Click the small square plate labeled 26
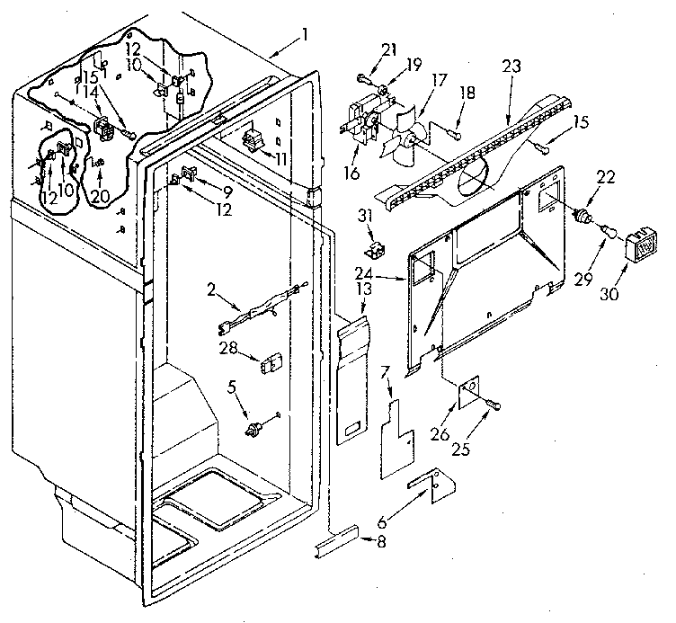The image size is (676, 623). click(x=468, y=394)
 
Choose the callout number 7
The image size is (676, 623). click(x=384, y=371)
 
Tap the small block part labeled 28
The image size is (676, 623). click(x=266, y=363)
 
